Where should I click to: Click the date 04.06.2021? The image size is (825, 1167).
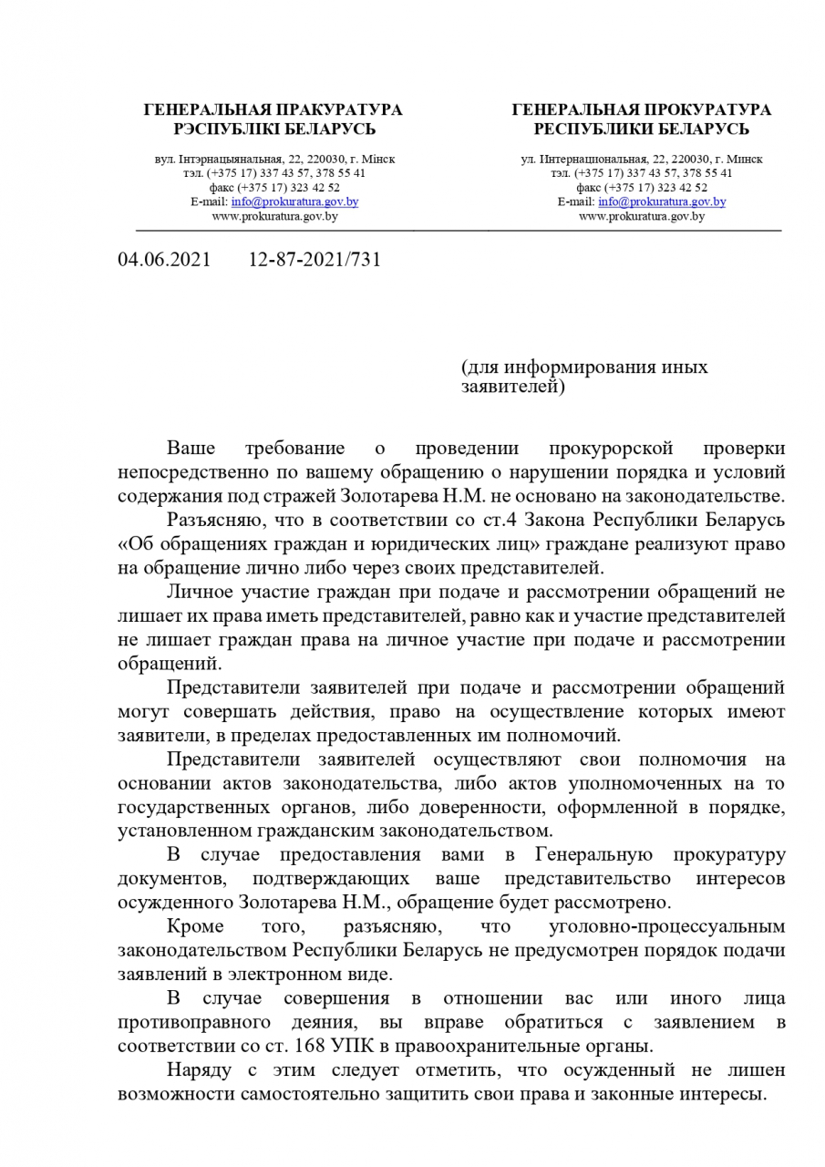click(164, 260)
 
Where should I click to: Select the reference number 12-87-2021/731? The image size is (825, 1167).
click(315, 260)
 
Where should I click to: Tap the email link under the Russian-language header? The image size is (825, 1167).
click(662, 201)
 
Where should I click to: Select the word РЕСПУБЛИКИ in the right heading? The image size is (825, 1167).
click(591, 129)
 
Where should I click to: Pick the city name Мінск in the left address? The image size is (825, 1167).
click(379, 159)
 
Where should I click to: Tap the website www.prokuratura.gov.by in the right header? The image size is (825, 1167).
click(642, 216)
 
